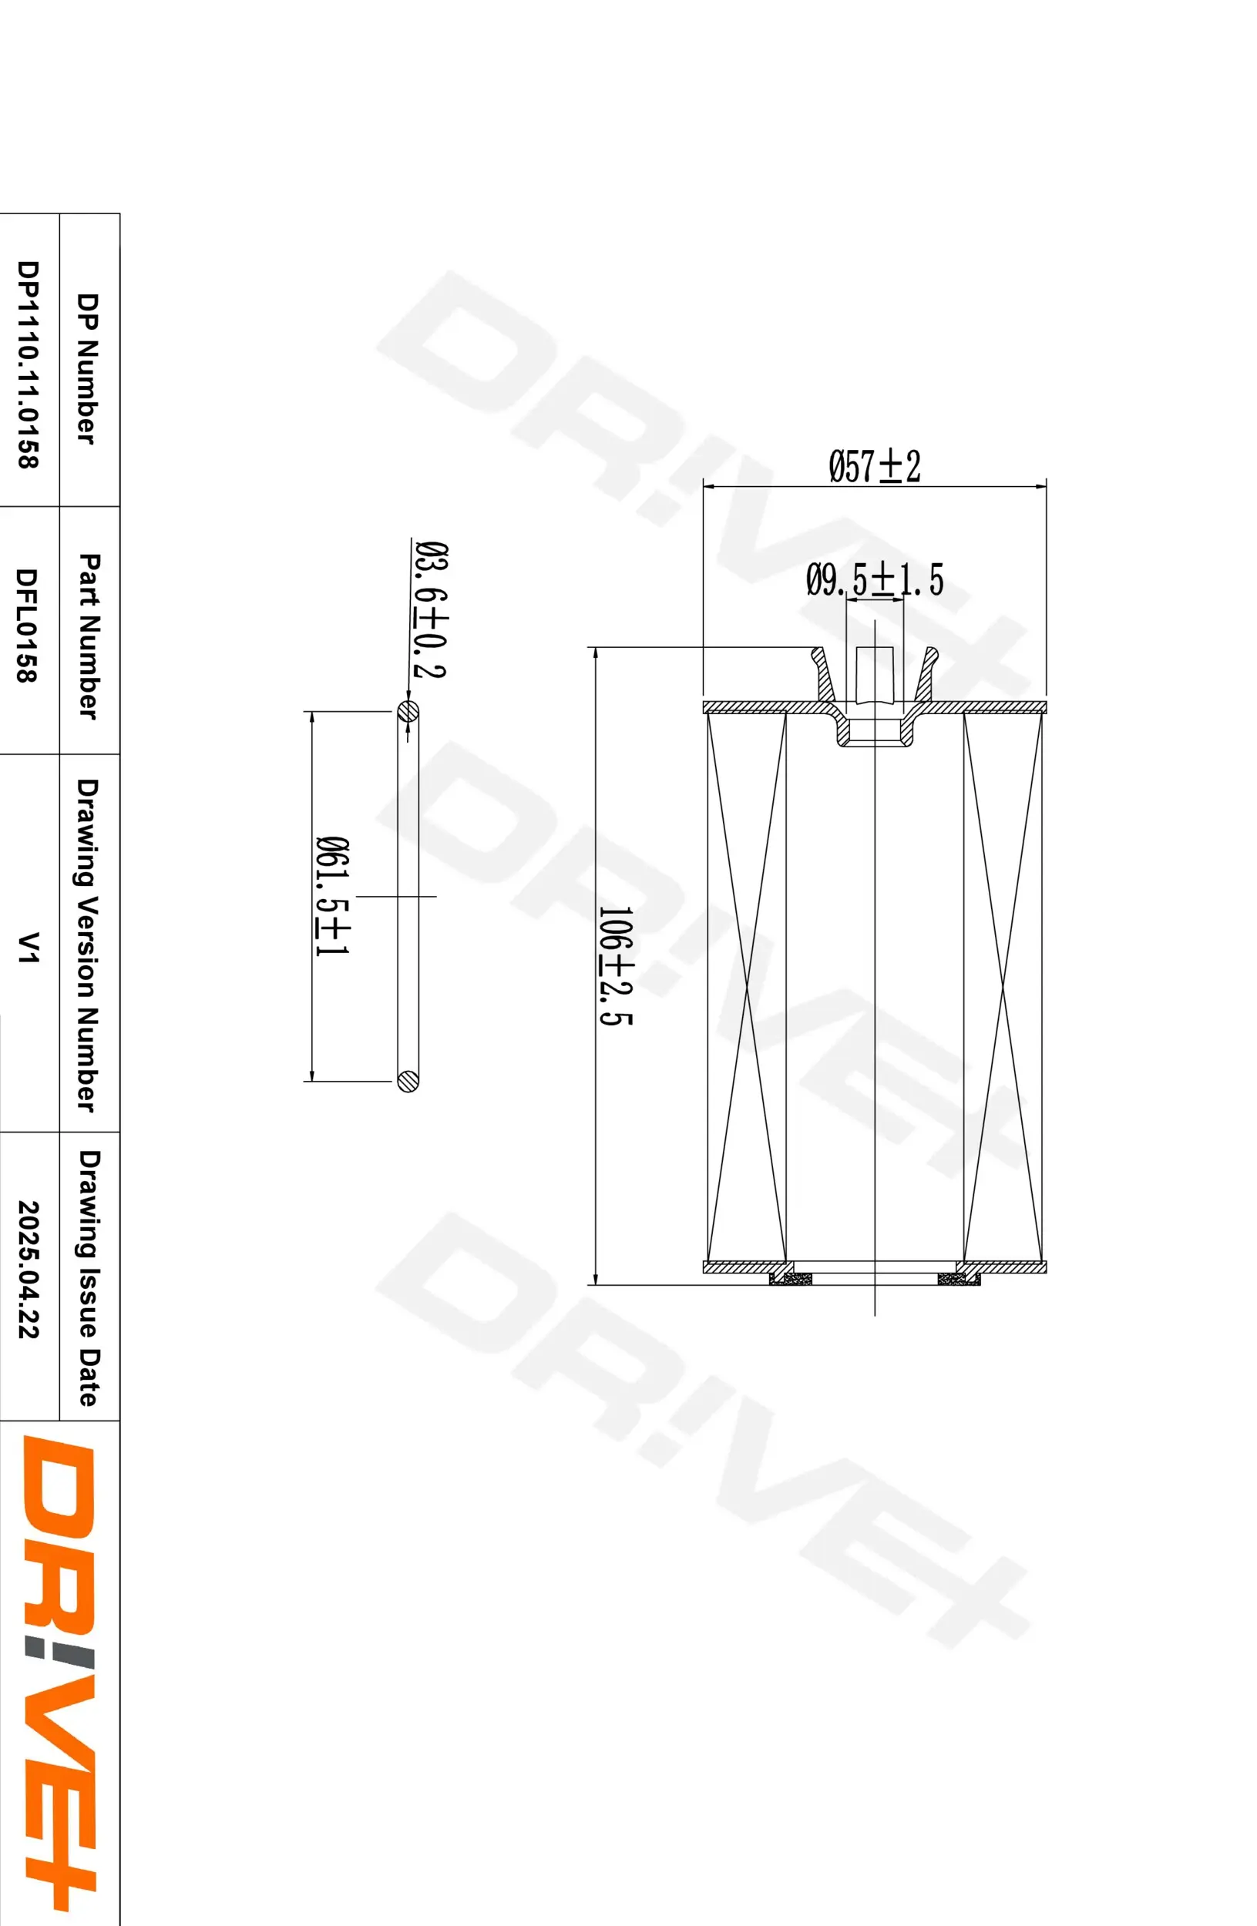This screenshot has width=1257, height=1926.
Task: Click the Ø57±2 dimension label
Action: (x=874, y=467)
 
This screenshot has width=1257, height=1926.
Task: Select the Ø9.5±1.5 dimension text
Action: (x=874, y=580)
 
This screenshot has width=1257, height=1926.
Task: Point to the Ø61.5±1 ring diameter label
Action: (x=332, y=896)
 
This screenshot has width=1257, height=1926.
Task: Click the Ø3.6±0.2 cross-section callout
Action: (x=430, y=609)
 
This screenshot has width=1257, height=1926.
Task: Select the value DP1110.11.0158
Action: (x=28, y=364)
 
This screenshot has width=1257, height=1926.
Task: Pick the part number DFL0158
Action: (x=28, y=626)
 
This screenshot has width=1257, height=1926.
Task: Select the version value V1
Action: (x=28, y=947)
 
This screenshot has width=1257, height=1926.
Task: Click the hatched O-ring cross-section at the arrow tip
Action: (x=408, y=712)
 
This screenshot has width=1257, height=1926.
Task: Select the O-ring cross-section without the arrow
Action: (x=408, y=1080)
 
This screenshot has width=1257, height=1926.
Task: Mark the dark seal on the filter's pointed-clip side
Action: (x=957, y=1279)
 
